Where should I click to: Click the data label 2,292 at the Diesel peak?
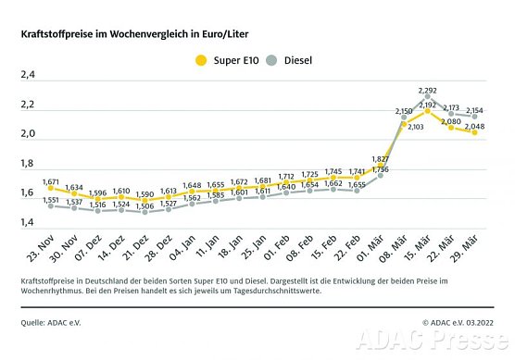pyautogui.click(x=428, y=91)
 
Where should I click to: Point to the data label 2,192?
pyautogui.click(x=428, y=105)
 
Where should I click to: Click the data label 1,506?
pyautogui.click(x=144, y=206)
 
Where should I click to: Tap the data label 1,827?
pyautogui.click(x=379, y=159)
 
